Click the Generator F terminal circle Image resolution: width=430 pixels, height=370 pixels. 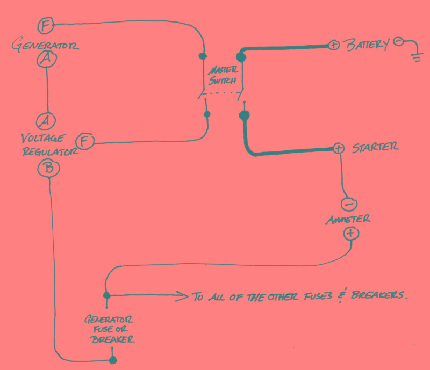[x=46, y=25]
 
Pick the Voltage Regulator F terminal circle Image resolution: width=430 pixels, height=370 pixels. [x=85, y=142]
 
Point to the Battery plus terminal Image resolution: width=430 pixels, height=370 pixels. [x=333, y=45]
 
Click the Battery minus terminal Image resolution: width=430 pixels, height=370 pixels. [x=398, y=41]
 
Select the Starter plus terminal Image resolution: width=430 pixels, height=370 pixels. [x=338, y=148]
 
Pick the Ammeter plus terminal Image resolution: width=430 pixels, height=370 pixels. [x=350, y=234]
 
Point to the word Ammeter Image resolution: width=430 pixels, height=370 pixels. [x=348, y=219]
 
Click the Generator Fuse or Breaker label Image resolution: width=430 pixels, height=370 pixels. [x=111, y=329]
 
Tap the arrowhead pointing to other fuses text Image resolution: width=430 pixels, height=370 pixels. [x=182, y=294]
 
